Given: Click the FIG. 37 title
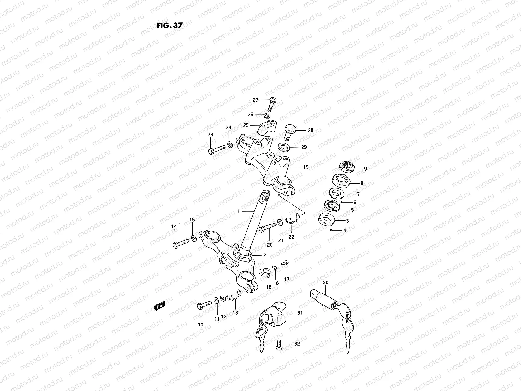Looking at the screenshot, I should point(170,26).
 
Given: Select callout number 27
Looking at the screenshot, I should point(255,100).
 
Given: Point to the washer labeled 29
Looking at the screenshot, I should point(285,147).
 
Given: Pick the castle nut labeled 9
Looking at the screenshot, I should point(346,167).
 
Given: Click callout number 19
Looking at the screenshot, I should point(305,167).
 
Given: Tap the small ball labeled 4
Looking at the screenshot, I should point(331,230).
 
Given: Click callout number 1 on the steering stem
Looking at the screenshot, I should point(238,211).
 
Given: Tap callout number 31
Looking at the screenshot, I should point(300,313).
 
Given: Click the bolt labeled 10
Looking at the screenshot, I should point(205,305).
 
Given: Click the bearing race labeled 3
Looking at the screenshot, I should point(327,220).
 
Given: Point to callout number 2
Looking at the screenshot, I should point(265,255).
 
